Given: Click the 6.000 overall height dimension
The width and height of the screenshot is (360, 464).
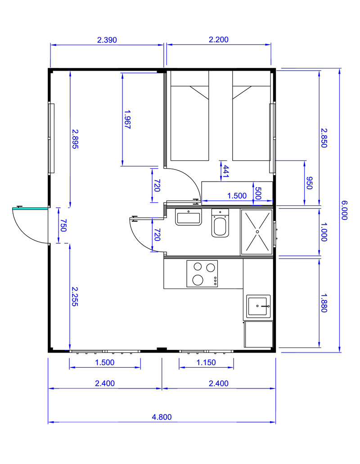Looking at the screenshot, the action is (344, 210).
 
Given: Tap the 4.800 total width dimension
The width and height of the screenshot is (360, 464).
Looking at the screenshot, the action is (162, 417).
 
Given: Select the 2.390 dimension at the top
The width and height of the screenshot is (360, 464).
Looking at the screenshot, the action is (107, 40).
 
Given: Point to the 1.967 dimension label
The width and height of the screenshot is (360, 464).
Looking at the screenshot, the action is (127, 120).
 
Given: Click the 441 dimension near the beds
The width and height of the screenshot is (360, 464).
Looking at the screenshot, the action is (225, 171).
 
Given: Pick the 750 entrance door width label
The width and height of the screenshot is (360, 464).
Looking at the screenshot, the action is (63, 225).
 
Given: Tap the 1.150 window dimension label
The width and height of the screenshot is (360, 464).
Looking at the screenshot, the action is (206, 362).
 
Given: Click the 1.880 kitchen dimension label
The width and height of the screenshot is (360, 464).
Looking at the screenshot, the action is (324, 303).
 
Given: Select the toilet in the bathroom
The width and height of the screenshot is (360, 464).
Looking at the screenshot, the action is (220, 223).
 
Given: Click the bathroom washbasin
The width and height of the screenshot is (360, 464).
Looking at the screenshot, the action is (188, 217).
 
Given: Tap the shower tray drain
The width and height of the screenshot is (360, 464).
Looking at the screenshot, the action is (257, 232).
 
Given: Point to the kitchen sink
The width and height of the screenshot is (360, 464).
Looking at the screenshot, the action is (258, 306).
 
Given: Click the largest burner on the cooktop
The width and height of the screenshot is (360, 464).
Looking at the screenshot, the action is (198, 280).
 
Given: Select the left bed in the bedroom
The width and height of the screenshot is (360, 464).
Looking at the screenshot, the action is (189, 116).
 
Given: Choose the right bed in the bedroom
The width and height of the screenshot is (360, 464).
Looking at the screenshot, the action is (252, 116).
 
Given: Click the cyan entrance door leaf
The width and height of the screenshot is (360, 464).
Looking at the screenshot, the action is (30, 208).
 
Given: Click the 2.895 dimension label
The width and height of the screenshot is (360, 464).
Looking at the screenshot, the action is (75, 138).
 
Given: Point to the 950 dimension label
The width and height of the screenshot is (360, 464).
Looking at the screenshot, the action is (309, 183).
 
